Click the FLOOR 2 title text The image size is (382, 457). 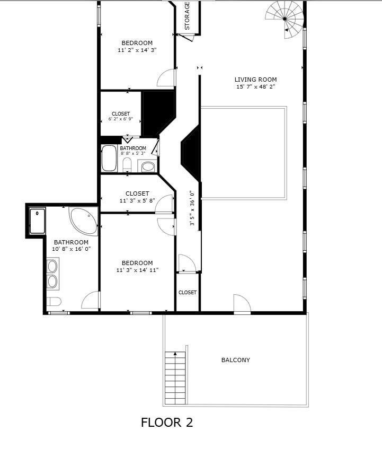tap(167, 423)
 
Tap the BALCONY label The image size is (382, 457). tap(236, 360)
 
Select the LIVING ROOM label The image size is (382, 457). tap(255, 80)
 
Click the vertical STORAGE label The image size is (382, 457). tap(187, 16)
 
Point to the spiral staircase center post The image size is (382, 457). tap(285, 19)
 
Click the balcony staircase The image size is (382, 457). tap(175, 377)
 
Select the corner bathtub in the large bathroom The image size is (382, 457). tap(84, 221)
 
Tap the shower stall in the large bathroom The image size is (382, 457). tap(37, 221)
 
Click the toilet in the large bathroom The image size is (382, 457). tap(54, 301)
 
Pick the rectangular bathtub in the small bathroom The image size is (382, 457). tap(109, 158)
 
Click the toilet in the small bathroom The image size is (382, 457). tap(127, 165)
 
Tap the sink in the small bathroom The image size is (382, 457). tap(148, 166)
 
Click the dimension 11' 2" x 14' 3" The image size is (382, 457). tap(137, 50)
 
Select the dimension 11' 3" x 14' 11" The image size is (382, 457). tap(137, 270)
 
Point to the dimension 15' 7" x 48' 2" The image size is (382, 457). tap(255, 86)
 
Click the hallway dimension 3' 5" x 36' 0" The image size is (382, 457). tap(192, 208)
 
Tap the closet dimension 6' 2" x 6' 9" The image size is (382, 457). tap(121, 119)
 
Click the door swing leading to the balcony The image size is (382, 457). tap(242, 304)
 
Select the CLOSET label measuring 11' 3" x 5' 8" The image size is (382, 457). tap(137, 194)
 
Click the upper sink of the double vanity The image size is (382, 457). tap(52, 266)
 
